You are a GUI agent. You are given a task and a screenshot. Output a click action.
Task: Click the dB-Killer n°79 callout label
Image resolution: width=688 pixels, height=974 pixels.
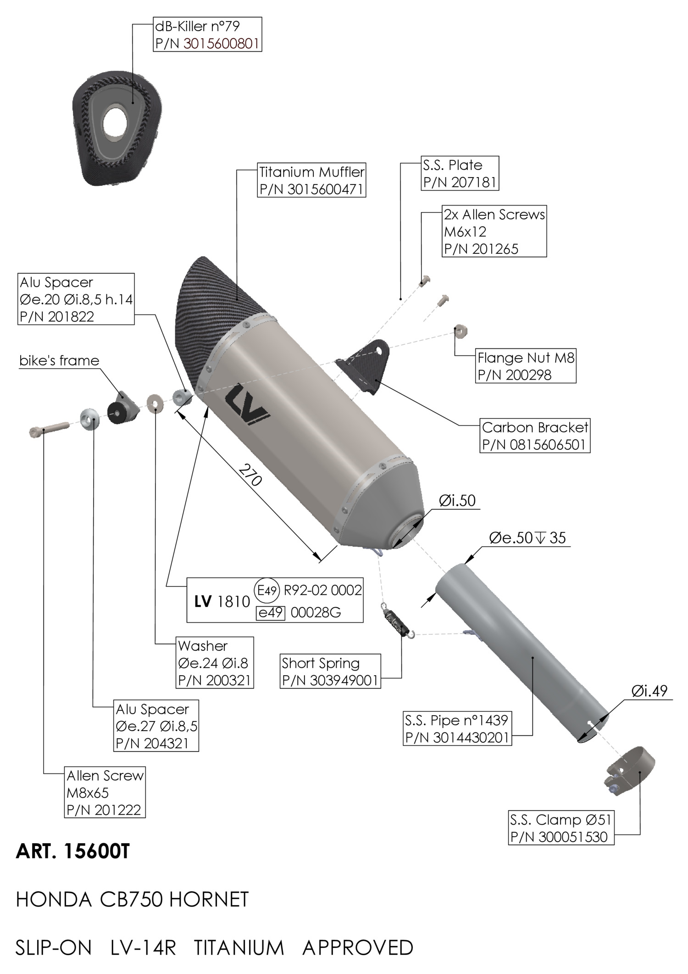[x=207, y=34]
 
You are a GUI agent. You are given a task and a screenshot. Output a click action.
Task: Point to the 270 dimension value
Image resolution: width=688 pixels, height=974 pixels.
[x=250, y=475]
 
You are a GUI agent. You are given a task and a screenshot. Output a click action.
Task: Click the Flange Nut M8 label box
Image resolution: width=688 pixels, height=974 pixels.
[x=526, y=366]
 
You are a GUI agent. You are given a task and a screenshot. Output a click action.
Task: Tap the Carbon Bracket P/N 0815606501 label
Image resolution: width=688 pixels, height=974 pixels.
[x=535, y=436]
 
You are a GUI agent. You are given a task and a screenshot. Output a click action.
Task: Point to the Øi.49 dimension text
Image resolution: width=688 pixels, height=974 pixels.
[x=649, y=692]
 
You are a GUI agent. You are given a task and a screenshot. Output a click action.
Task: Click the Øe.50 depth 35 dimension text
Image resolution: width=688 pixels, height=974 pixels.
[x=527, y=537]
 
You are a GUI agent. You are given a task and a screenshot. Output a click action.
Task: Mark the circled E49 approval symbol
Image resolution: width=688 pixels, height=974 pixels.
[x=266, y=590]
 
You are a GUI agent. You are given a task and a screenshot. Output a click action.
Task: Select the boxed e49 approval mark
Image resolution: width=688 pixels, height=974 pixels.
[x=271, y=613]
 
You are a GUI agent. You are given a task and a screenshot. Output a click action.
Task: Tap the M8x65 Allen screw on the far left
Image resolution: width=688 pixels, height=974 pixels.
[x=49, y=429]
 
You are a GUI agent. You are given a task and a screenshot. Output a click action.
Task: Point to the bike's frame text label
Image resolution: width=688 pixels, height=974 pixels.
[x=59, y=361]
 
